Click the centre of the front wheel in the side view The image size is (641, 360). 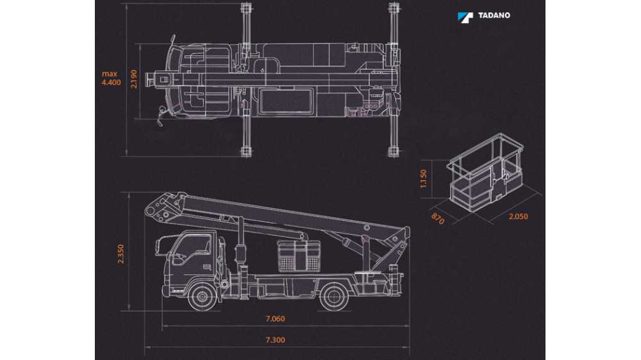pyautogui.click(x=202, y=296)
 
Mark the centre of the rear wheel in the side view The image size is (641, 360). pyautogui.click(x=334, y=296)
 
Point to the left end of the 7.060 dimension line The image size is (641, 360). pyautogui.click(x=163, y=325)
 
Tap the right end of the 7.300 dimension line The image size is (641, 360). pyautogui.click(x=409, y=347)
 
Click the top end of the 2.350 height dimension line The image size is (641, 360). pyautogui.click(x=129, y=193)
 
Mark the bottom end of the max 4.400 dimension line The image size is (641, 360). pyautogui.click(x=126, y=156)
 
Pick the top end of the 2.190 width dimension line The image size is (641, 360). pyautogui.click(x=140, y=45)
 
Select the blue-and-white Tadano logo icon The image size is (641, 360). pyautogui.click(x=465, y=17)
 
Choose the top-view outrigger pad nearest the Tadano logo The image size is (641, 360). pyautogui.click(x=394, y=7)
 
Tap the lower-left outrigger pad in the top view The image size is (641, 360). pyautogui.click(x=246, y=152)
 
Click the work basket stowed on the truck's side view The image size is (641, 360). pyautogui.click(x=299, y=256)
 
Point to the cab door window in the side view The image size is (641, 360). pyautogui.click(x=192, y=249)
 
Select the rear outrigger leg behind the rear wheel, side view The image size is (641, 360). pyautogui.click(x=394, y=279)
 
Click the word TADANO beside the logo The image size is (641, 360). pyautogui.click(x=494, y=15)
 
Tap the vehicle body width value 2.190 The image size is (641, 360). pyautogui.click(x=134, y=79)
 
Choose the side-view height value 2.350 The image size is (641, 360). pyautogui.click(x=121, y=254)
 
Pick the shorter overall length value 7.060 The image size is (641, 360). pyautogui.click(x=276, y=319)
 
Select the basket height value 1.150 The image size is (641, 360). pyautogui.click(x=424, y=179)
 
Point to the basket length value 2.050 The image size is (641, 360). pyautogui.click(x=518, y=216)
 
